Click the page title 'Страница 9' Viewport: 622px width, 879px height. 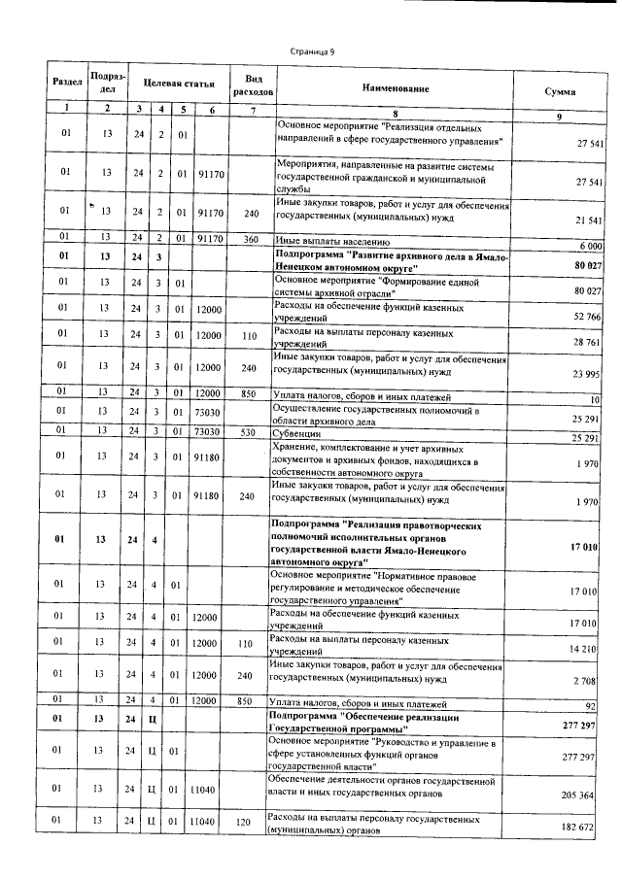312,51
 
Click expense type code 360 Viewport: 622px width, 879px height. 252,237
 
